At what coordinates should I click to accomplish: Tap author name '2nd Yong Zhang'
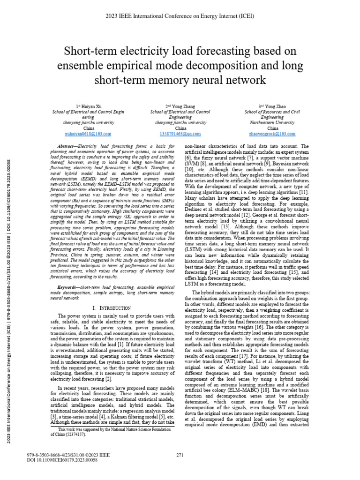click(x=180, y=107)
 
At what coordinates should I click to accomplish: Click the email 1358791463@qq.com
click(x=180, y=134)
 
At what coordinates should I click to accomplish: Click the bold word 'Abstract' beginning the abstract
click(x=66, y=147)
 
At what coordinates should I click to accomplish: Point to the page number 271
click(x=180, y=455)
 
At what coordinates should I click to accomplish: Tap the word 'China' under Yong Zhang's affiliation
click(x=180, y=128)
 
